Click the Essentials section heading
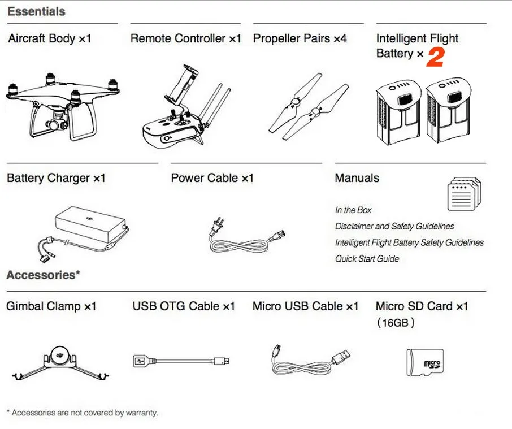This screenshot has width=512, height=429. click(x=36, y=11)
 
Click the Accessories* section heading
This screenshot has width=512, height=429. click(x=43, y=275)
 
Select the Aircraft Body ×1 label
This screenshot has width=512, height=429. click(x=49, y=39)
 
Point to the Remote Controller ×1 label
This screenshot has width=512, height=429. click(x=185, y=39)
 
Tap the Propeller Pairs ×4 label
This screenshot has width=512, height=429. click(x=300, y=39)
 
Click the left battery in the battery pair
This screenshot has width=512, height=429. click(x=397, y=110)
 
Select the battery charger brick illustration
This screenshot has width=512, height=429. click(x=90, y=222)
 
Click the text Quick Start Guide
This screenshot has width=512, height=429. click(x=367, y=259)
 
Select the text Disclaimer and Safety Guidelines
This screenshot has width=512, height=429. click(x=394, y=226)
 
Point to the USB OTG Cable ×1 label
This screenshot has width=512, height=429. click(x=184, y=306)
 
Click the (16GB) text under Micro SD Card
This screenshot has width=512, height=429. click(x=396, y=323)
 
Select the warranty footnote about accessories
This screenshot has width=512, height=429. click(x=82, y=413)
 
